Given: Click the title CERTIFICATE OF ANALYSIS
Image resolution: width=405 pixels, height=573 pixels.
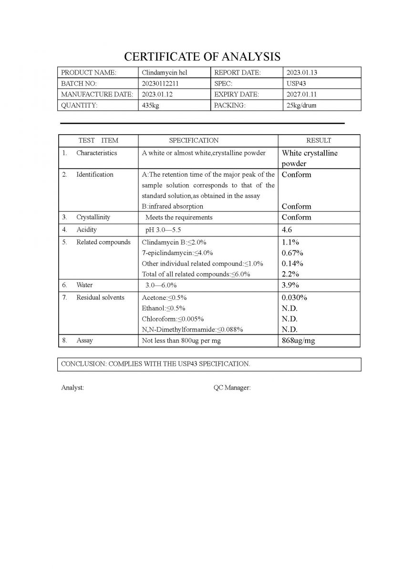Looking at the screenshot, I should [x=202, y=57].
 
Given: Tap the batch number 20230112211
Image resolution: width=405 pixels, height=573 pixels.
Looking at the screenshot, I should [x=160, y=84].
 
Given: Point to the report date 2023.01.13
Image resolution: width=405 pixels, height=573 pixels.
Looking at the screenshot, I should [x=301, y=73].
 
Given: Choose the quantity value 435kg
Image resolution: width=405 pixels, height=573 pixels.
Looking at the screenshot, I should [x=150, y=106].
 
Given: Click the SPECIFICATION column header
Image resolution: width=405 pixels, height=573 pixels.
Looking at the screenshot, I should [x=194, y=140].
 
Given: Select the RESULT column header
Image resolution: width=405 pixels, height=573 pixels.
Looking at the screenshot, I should [x=319, y=140].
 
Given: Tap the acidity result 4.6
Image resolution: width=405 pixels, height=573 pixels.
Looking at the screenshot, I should [x=287, y=230].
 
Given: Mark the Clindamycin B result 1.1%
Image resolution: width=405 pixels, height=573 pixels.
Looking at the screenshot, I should [x=291, y=242].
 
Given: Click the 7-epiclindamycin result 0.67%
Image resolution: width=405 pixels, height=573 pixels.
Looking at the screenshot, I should [x=292, y=253].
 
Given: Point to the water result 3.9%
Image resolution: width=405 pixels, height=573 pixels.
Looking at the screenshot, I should [x=291, y=285].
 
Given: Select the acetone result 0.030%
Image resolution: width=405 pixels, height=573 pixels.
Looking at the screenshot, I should [x=294, y=297].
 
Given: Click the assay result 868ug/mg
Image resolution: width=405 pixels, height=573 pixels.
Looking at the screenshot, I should [x=298, y=340].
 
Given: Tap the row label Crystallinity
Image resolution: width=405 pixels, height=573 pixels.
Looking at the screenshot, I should [x=93, y=217].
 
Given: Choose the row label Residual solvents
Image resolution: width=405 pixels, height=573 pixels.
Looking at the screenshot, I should [x=100, y=297].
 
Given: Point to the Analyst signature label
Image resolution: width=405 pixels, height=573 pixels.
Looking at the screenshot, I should [x=73, y=388].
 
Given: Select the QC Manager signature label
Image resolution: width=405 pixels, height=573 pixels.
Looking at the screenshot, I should [x=232, y=388].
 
